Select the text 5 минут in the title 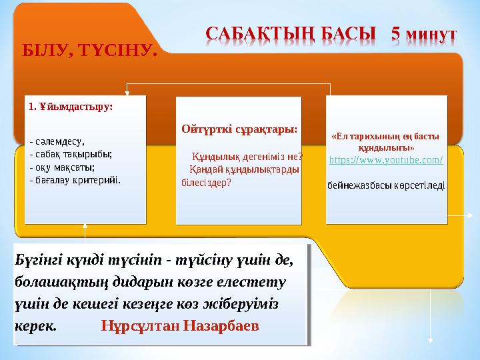pyautogui.click(x=423, y=34)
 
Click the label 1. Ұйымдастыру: pyautogui.click(x=71, y=106)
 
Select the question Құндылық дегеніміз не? pyautogui.click(x=247, y=157)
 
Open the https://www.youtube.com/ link pyautogui.click(x=386, y=161)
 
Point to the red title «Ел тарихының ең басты pyautogui.click(x=386, y=137)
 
